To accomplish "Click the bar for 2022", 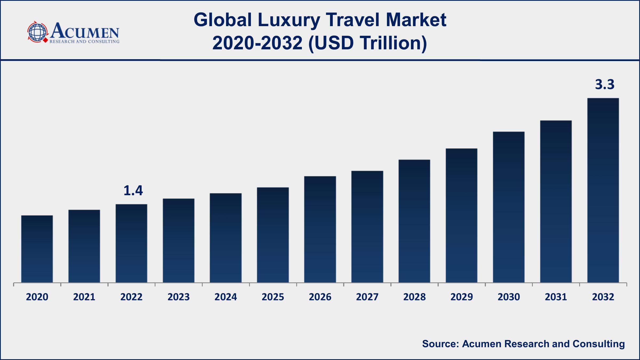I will (131, 243).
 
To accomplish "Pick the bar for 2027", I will (367, 227).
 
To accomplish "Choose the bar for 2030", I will (509, 207).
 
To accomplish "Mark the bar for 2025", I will (273, 235).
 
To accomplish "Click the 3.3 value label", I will (605, 84).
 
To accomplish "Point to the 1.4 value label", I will (133, 190).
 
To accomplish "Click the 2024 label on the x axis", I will (226, 297).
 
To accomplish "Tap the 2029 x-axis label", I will (462, 297).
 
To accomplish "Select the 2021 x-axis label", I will (84, 297).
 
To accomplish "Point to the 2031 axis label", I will (556, 297).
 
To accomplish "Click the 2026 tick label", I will (320, 297).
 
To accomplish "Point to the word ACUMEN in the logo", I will (85, 31).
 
